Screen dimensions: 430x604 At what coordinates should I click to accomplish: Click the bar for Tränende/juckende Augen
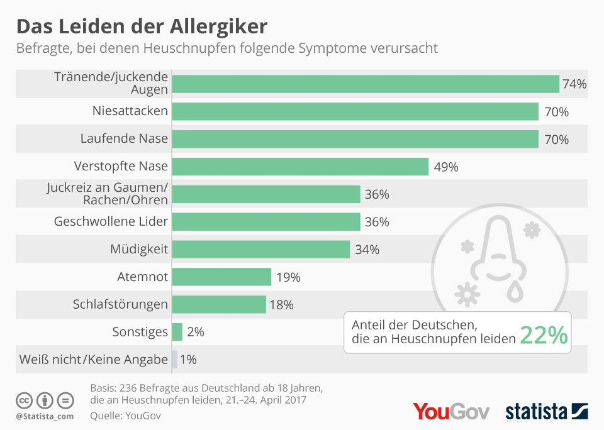pos(365,84)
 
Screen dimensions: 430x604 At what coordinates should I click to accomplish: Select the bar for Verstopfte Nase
pos(299,167)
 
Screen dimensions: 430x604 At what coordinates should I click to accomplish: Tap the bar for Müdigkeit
pos(260,249)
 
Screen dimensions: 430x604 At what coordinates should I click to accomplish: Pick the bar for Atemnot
pos(221,277)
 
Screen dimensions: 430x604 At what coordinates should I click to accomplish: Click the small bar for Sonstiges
pos(177,332)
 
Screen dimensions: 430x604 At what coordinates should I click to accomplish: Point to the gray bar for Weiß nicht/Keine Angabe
pos(174,360)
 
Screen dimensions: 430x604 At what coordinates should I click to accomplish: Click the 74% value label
pos(574,84)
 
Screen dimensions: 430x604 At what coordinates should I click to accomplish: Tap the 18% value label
pos(281,305)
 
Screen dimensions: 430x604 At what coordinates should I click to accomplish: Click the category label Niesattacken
pos(130,111)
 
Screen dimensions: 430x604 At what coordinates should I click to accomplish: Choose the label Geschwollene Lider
pos(111,221)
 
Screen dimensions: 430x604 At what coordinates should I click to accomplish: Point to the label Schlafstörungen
pos(120,305)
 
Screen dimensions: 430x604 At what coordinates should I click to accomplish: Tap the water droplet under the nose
pos(515,290)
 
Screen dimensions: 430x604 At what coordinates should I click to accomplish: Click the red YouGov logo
pos(451,411)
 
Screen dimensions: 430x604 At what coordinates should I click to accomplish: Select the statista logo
pos(546,412)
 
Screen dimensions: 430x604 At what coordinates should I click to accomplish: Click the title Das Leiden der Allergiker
pos(142,27)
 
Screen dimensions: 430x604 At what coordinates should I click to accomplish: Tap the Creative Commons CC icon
pos(24,400)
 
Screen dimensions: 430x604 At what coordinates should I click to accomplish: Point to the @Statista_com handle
pos(45,416)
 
